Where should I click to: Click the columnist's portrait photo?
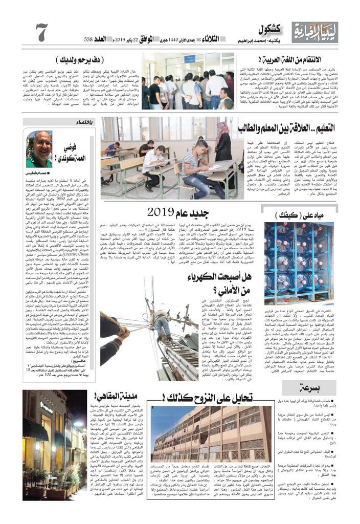[40, 148]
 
